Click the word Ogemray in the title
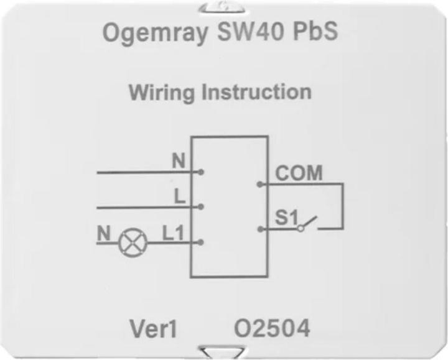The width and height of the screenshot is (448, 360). (x=155, y=33)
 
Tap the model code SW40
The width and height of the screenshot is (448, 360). (x=251, y=31)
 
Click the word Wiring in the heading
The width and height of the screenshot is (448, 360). (x=161, y=93)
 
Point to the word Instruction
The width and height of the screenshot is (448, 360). (x=256, y=92)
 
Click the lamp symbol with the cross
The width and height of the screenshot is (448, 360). (x=133, y=242)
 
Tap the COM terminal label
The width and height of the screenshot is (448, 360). (x=299, y=173)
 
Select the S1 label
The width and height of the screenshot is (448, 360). (x=287, y=218)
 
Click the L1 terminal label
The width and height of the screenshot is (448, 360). (x=173, y=233)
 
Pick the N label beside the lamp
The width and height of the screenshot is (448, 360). (x=103, y=233)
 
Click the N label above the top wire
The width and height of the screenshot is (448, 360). (x=179, y=160)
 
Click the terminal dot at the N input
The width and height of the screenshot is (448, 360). (x=201, y=172)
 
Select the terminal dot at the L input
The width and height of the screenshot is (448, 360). (x=201, y=206)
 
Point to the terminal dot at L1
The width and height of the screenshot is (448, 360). (x=201, y=242)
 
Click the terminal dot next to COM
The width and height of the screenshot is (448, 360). (x=259, y=185)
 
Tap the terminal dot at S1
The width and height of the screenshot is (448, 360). (x=260, y=229)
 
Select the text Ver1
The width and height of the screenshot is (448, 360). (x=153, y=328)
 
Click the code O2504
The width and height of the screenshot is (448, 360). (x=272, y=328)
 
